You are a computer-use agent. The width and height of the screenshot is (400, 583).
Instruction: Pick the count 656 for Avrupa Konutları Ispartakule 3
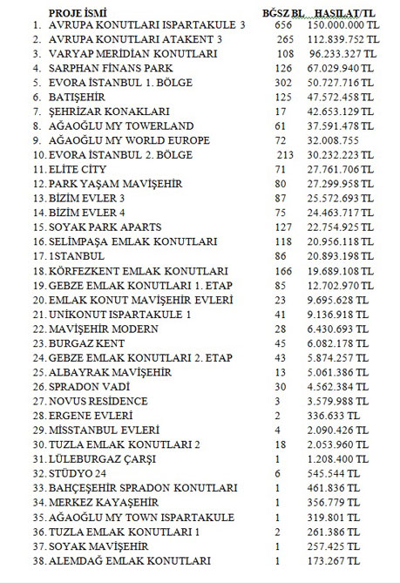point(281,27)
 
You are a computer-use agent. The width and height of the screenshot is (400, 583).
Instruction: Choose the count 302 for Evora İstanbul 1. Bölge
point(281,82)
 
